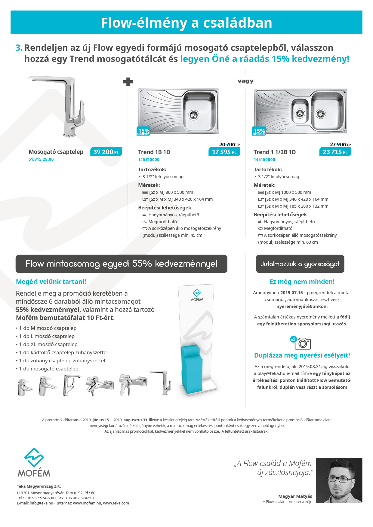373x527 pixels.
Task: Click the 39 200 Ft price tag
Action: (106, 152)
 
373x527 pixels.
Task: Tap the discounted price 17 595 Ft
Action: (224, 152)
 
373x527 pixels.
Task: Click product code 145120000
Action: (149, 160)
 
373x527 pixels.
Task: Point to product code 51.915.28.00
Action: (41, 159)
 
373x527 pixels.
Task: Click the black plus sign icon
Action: (128, 82)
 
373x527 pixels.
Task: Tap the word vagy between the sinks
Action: (245, 81)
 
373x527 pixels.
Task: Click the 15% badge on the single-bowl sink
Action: (143, 131)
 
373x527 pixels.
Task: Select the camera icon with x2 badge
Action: (302, 343)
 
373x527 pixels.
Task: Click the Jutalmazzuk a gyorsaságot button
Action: (300, 264)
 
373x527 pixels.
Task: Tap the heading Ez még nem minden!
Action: (302, 282)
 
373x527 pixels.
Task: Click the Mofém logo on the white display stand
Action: (197, 295)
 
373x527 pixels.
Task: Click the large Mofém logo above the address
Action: (34, 462)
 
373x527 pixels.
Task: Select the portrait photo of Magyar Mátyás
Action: (339, 480)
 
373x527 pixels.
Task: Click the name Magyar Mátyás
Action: (295, 496)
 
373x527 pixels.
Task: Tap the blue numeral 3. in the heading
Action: (19, 48)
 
